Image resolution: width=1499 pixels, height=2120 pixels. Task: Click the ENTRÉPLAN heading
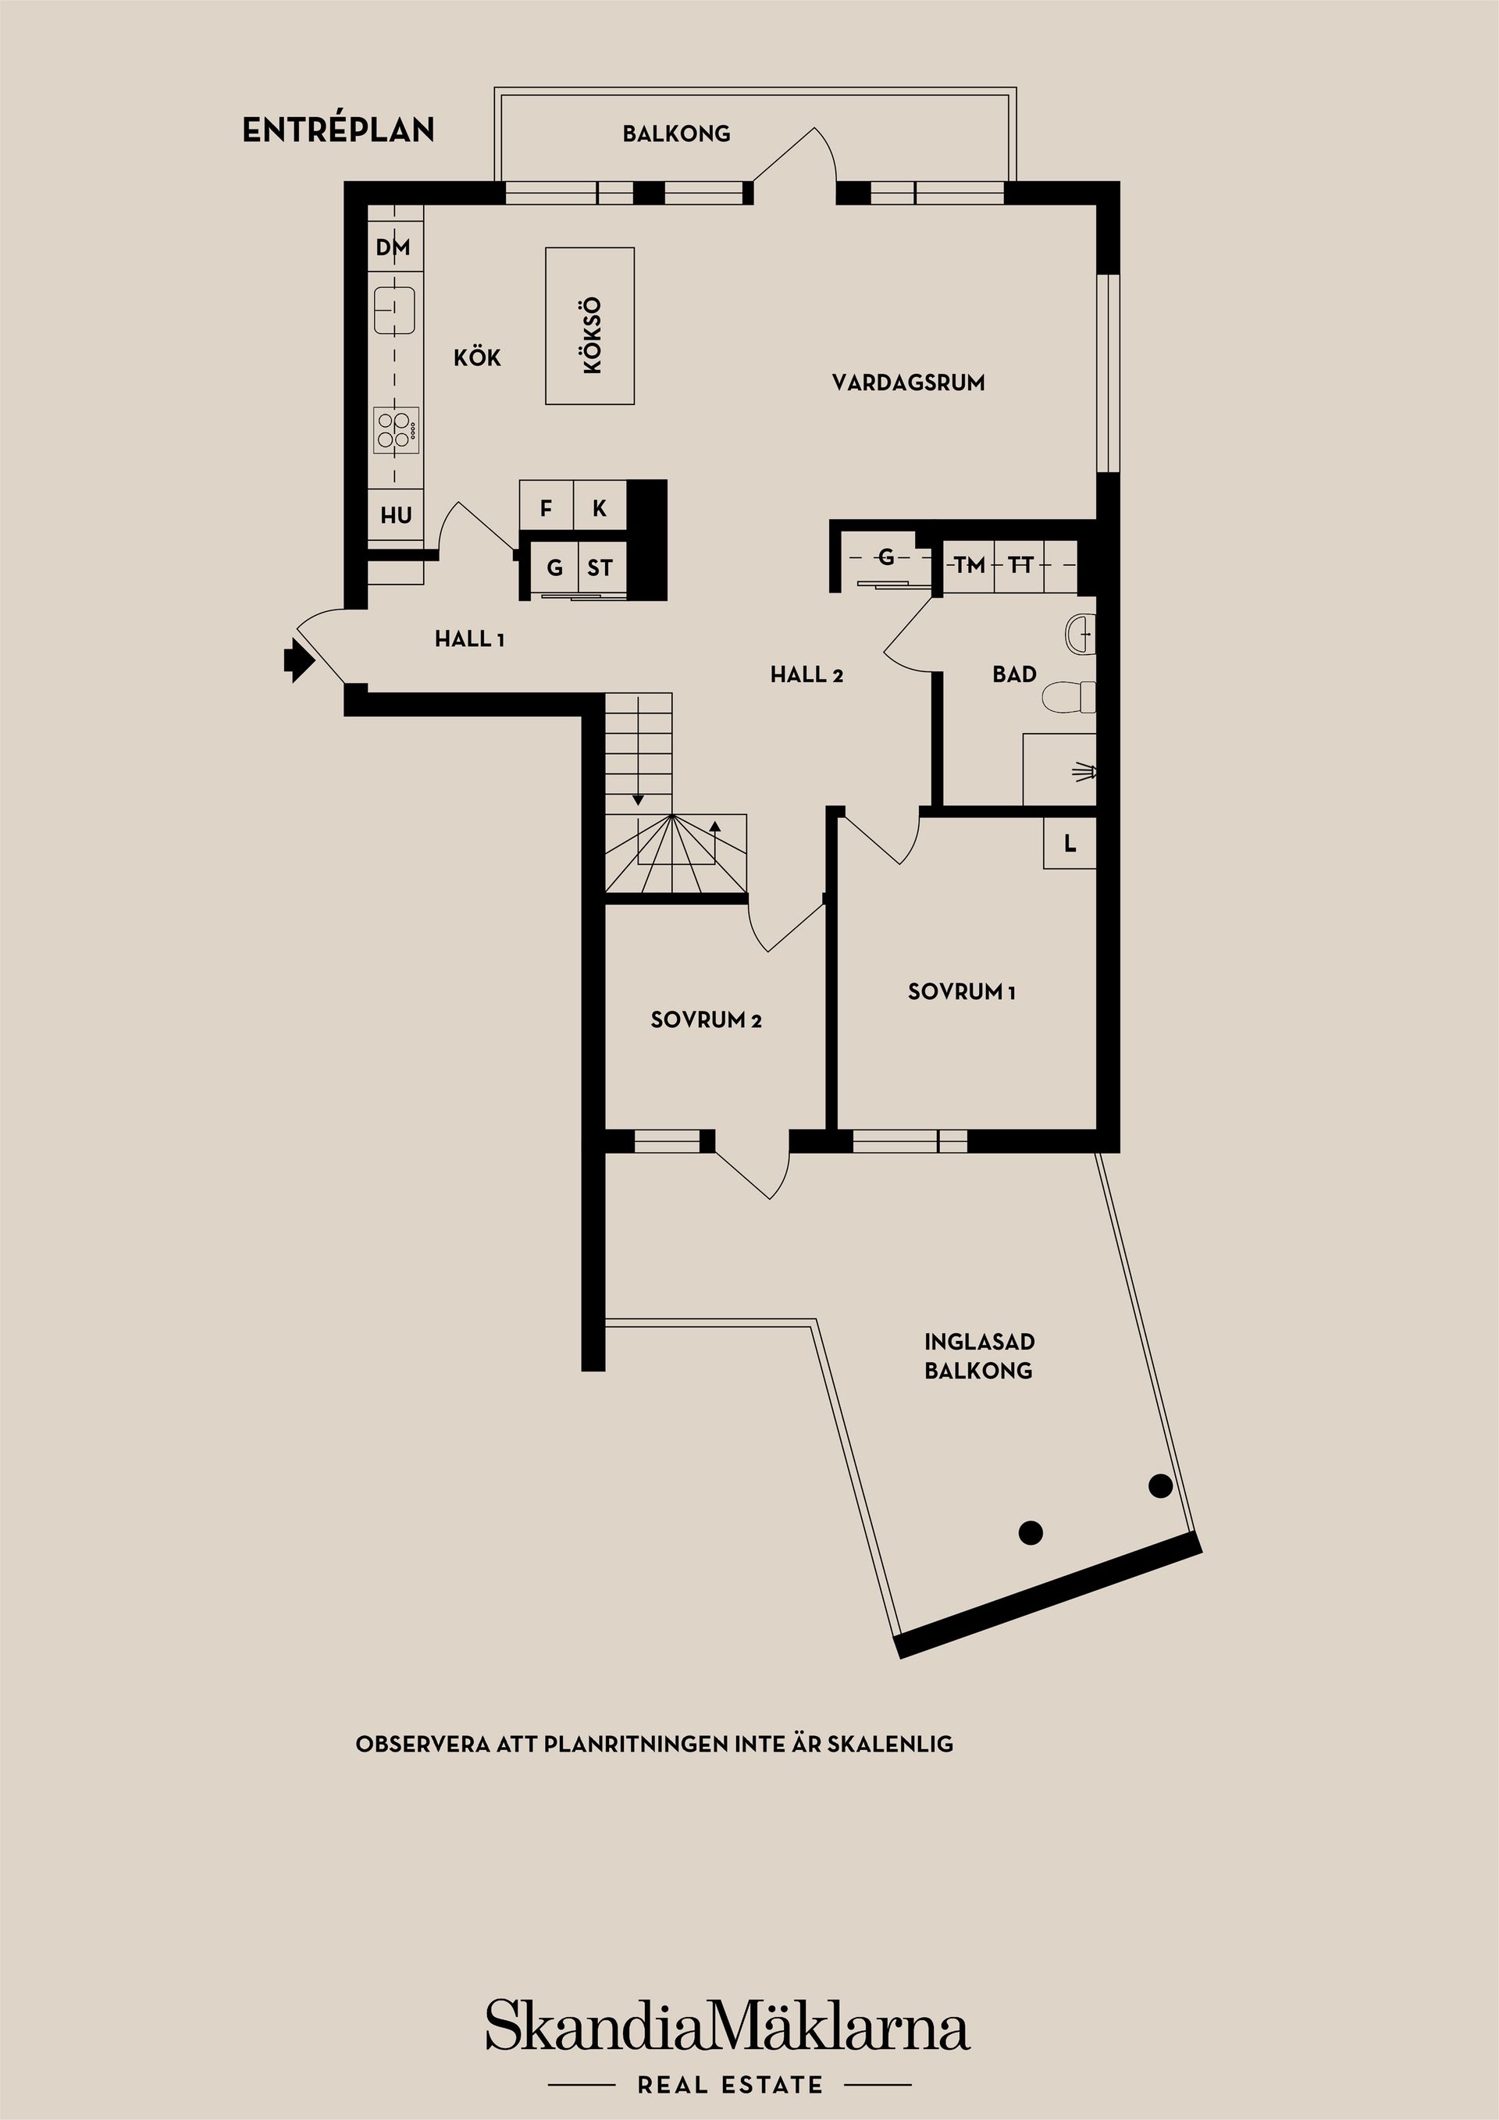tap(338, 131)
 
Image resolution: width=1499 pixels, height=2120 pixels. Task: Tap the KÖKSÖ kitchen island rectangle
tap(589, 326)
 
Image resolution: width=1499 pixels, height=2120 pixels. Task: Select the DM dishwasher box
tap(393, 247)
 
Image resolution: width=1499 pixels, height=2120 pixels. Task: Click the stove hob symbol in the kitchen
tap(397, 431)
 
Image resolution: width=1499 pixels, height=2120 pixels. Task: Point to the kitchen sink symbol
tap(394, 309)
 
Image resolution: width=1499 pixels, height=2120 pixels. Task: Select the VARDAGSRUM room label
tap(908, 382)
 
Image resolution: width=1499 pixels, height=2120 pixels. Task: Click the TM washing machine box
tap(969, 565)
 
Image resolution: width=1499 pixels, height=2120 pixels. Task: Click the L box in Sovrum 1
tap(1070, 843)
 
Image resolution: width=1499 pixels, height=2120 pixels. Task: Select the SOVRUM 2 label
tap(706, 1020)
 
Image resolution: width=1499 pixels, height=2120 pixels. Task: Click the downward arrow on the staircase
tap(637, 799)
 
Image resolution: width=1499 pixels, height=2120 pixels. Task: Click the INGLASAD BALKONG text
tap(978, 1356)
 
